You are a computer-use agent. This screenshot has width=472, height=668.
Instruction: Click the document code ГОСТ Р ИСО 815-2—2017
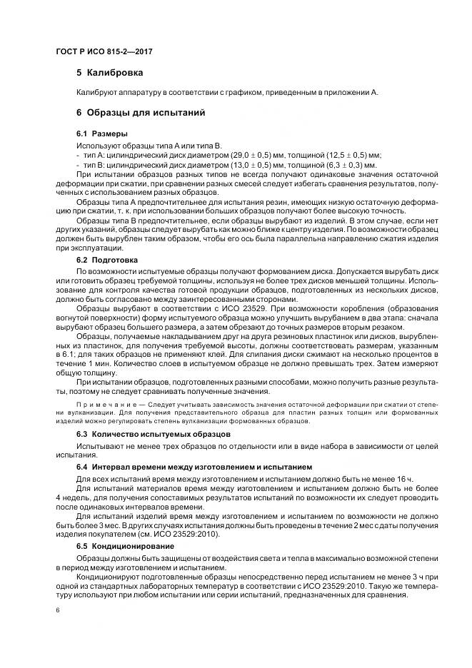click(x=104, y=52)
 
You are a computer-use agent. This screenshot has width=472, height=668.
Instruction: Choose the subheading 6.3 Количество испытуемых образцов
click(x=153, y=434)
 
